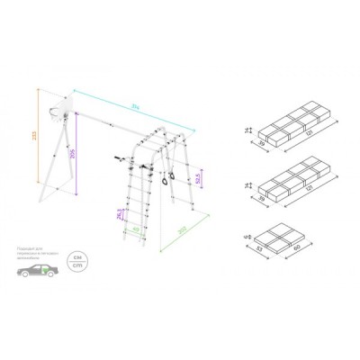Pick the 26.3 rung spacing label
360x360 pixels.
click(x=120, y=213)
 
